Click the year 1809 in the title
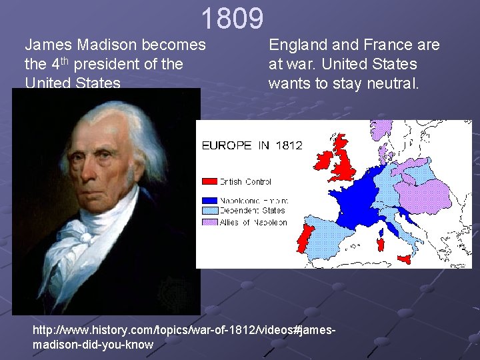[232, 19]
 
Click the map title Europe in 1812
[252, 145]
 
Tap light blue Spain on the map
[333, 240]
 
